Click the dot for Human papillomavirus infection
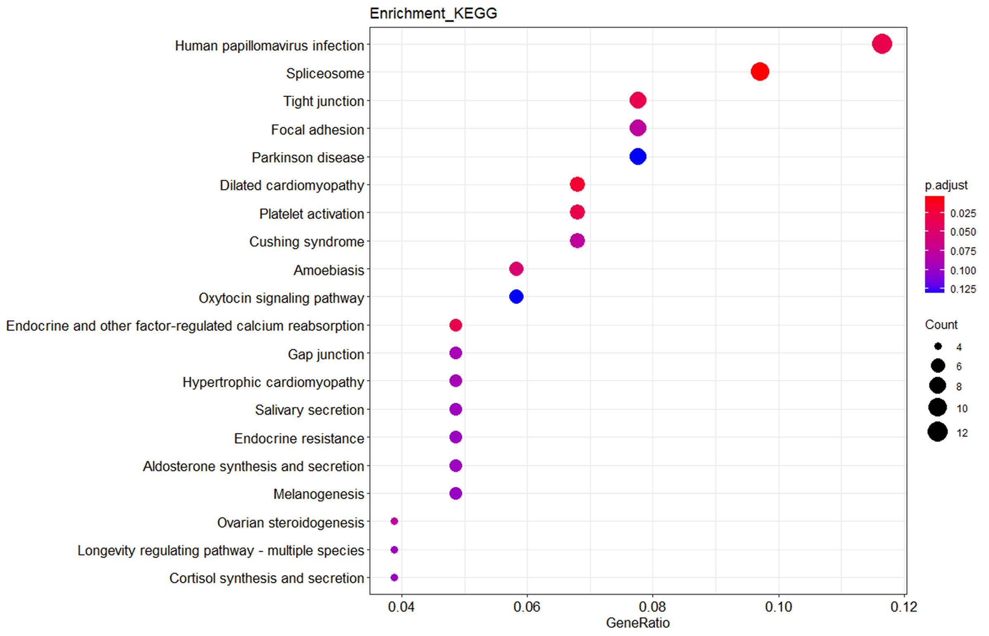[882, 44]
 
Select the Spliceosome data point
[759, 72]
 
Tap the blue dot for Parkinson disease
[637, 157]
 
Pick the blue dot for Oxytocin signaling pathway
[516, 297]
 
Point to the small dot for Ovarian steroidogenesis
[394, 521]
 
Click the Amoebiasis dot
[516, 269]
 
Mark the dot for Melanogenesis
[455, 493]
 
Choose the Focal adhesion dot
[637, 128]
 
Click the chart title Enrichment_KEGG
[433, 14]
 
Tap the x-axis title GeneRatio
[637, 623]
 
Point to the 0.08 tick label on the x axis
[652, 607]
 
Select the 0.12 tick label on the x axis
[903, 607]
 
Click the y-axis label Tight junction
[323, 101]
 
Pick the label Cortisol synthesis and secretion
[266, 578]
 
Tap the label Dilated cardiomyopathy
[292, 185]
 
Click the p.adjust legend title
[946, 185]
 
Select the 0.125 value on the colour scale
[963, 289]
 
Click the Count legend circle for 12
[937, 432]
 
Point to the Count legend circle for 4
[938, 346]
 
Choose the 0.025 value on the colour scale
[963, 214]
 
